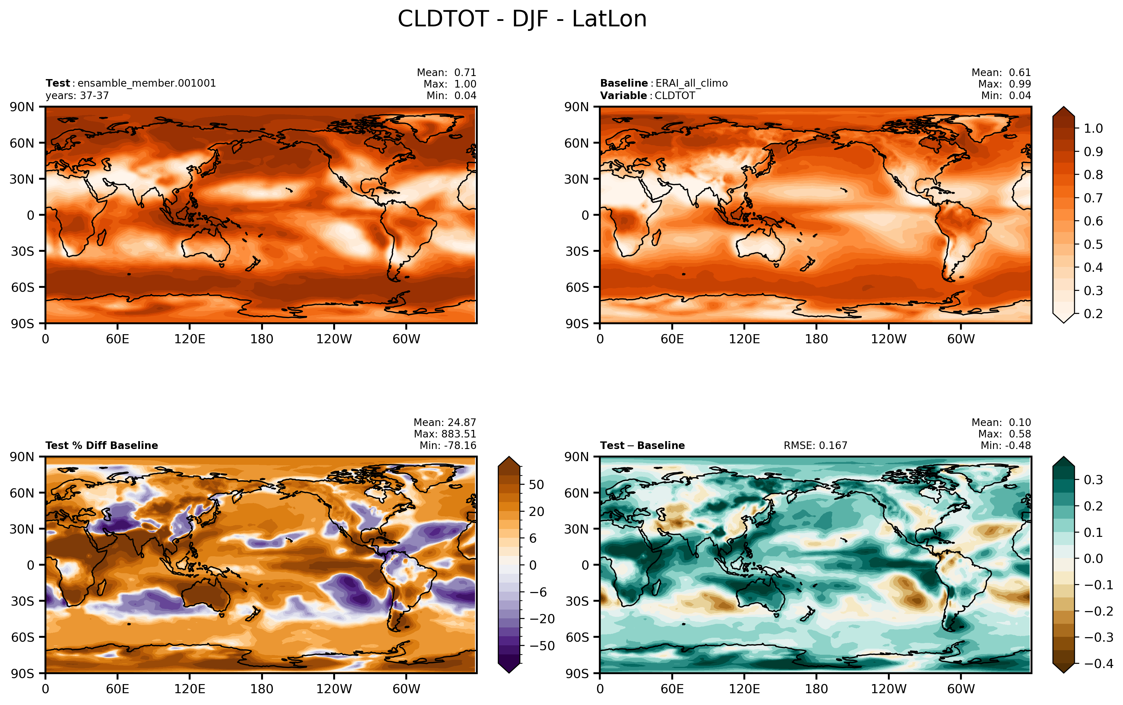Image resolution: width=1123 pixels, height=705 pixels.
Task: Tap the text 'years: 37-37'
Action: [77, 95]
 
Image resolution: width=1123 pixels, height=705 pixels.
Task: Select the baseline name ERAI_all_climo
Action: [691, 83]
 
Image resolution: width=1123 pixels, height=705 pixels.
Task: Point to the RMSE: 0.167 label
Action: [815, 445]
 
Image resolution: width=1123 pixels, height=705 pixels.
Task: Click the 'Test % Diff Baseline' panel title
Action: [101, 445]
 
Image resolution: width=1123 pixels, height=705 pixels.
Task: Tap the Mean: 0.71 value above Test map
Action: [447, 72]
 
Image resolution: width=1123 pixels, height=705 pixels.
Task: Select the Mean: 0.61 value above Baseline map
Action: [1001, 72]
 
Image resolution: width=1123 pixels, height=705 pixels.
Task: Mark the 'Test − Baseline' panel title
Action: [642, 445]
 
